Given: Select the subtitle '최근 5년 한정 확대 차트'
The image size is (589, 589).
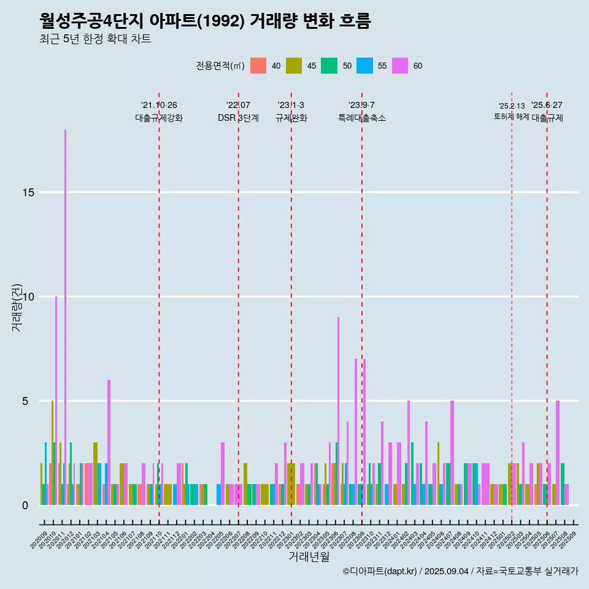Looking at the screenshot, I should point(95,39).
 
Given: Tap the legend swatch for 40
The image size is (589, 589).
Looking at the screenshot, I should point(258,66).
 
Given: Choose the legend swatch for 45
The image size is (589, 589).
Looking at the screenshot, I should point(294,66).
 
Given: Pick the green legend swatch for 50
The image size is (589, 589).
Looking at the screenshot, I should point(329,66).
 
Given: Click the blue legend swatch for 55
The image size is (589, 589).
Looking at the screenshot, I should point(364,66).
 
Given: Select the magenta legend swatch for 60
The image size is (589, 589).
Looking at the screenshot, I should point(400,66).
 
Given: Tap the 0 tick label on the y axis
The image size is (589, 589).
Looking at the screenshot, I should point(25,506).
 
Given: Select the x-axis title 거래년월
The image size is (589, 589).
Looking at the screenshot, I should point(309,557).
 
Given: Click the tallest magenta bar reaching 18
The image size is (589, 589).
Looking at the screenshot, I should point(66,307).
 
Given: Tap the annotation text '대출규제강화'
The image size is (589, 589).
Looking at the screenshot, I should point(159,118).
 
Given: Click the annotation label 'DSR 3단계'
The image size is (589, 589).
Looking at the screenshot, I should point(238,118).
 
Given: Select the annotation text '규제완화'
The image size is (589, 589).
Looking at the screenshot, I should point(291,118).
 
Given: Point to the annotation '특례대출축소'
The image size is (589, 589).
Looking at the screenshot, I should point(361,118).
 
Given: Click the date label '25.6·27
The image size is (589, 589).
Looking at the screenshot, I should point(547,105).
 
